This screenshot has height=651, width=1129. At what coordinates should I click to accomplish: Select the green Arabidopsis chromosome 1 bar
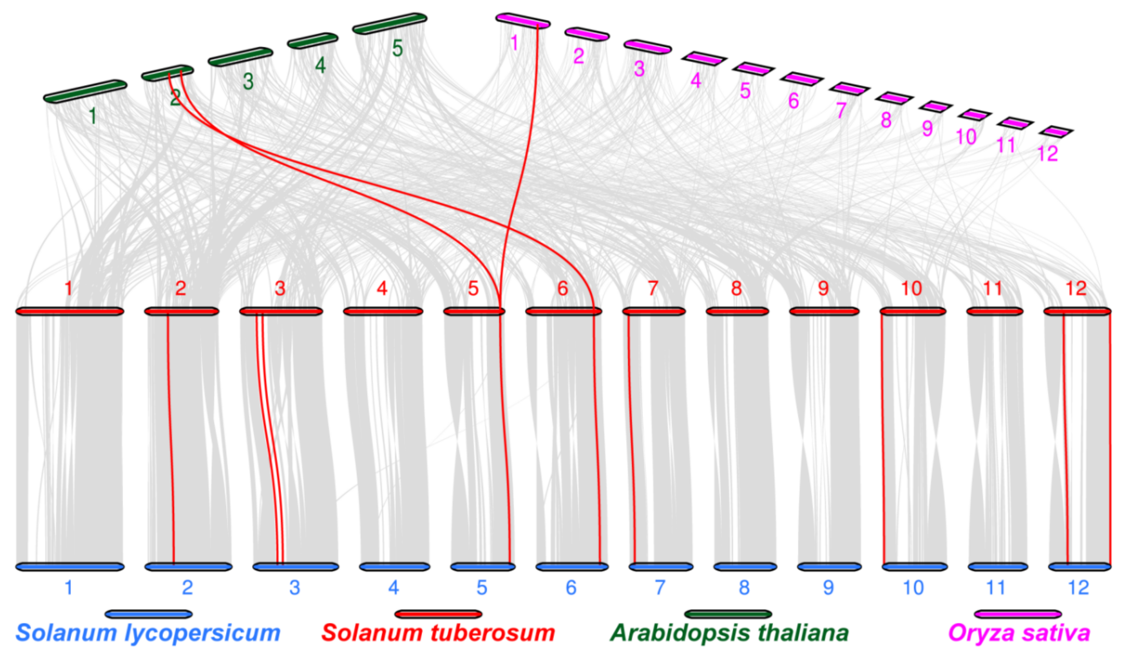[85, 91]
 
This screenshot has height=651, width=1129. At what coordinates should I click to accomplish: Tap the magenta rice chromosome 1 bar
[523, 20]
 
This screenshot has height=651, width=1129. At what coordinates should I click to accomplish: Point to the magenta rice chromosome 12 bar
[1056, 132]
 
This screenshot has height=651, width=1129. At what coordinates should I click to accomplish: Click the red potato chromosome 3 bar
[281, 311]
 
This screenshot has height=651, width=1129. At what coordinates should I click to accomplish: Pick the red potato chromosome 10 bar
[913, 311]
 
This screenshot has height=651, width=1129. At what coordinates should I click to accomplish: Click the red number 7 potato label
[653, 288]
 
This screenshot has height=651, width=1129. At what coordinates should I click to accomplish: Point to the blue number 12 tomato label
[1078, 587]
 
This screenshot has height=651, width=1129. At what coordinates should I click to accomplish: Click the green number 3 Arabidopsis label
[248, 82]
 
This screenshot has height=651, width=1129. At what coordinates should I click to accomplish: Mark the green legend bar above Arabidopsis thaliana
[728, 614]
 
